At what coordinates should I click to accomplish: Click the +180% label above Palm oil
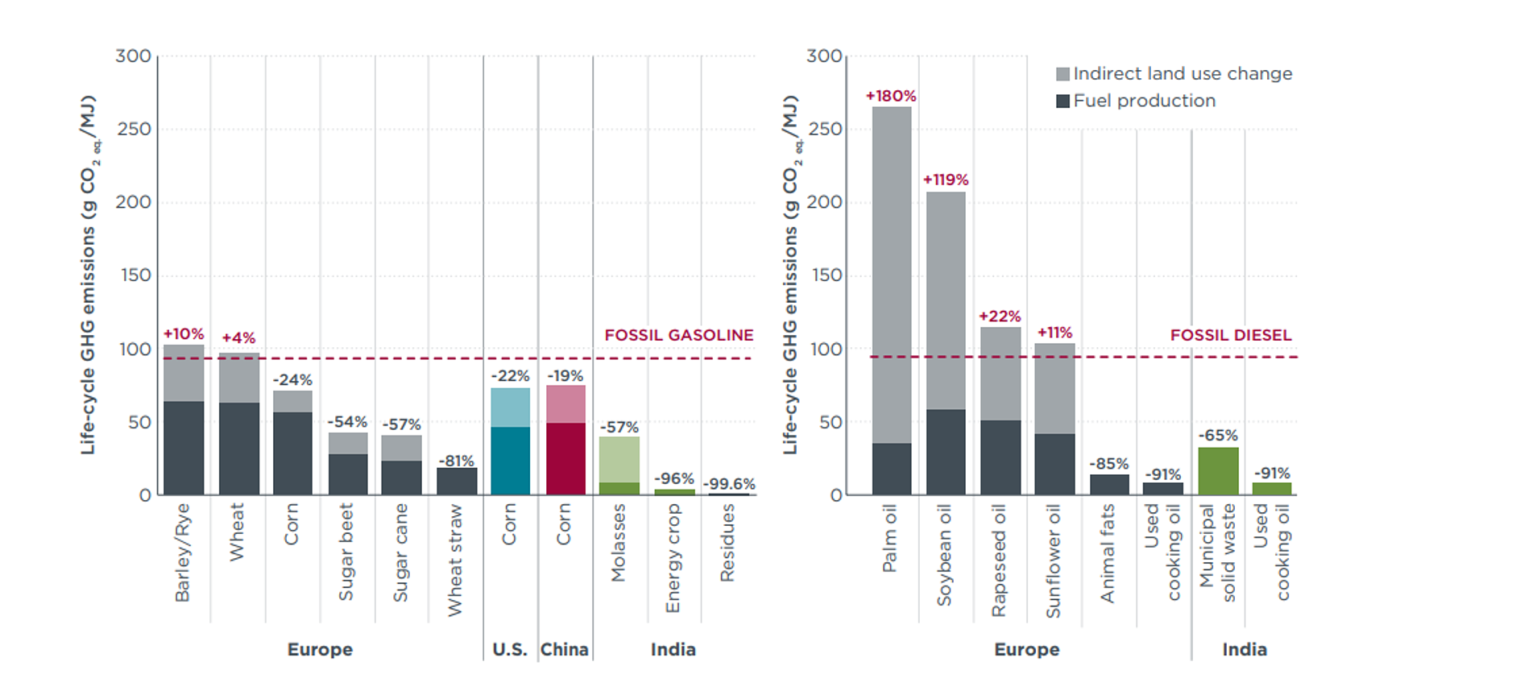891,96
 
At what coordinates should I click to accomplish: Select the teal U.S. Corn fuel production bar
511,461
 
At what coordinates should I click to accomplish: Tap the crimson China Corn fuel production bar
565,459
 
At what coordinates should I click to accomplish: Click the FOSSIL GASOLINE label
679,335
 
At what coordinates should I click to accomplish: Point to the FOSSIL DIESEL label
1231,335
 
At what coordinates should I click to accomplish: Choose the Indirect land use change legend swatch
1063,74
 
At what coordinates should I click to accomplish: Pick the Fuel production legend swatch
1063,101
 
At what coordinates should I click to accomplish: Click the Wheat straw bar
457,482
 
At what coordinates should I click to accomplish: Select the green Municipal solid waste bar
1218,471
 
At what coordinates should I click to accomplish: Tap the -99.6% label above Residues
729,484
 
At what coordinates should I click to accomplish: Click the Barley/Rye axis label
183,552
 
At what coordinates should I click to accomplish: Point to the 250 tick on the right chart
826,129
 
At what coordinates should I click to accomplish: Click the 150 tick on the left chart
135,275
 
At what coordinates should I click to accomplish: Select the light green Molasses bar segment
619,460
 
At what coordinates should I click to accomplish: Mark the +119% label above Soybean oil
946,180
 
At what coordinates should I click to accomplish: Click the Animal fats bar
1109,485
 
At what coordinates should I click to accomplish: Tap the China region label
565,649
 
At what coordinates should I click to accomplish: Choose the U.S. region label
510,649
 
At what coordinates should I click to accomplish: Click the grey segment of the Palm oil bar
892,275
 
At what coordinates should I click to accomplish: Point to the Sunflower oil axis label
1054,561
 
